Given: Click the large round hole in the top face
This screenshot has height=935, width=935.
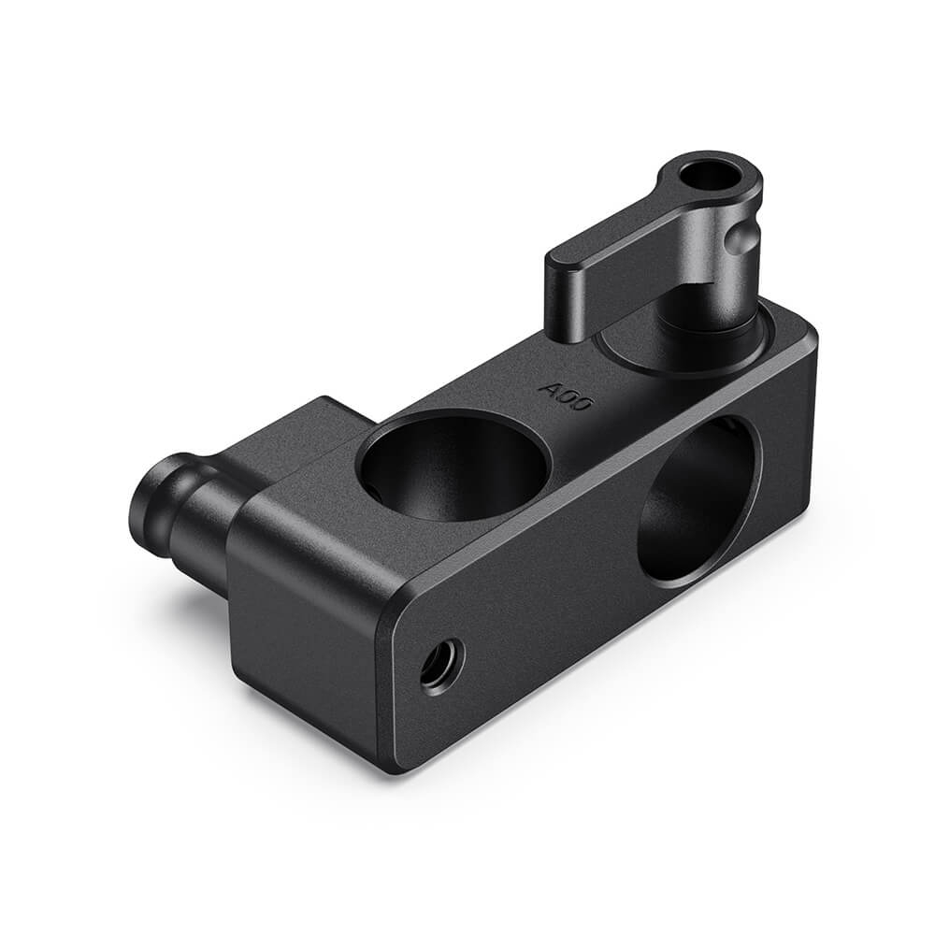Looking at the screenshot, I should (x=454, y=465).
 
